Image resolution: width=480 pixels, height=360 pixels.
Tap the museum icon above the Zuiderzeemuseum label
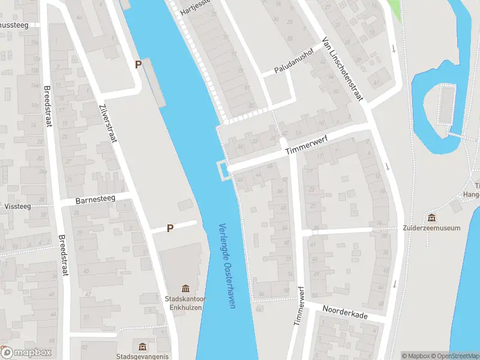(432, 217)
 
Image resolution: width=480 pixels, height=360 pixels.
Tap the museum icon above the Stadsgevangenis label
(142, 347)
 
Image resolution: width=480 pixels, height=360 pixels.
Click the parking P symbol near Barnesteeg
(170, 228)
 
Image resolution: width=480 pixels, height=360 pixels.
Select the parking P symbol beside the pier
(138, 64)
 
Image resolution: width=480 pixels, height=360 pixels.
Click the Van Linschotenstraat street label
(343, 70)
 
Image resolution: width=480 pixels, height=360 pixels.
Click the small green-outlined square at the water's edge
(223, 170)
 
